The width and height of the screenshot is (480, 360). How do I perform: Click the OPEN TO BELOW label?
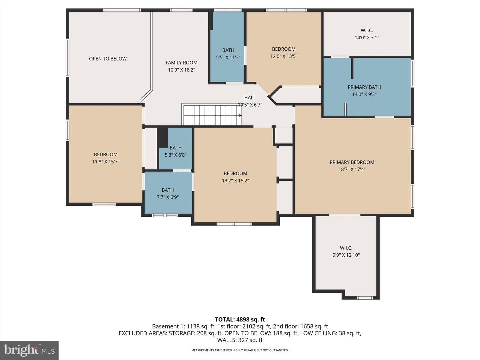[108, 59]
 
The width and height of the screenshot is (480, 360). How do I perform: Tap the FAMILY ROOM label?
[182, 63]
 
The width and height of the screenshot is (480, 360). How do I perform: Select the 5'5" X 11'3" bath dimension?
[228, 57]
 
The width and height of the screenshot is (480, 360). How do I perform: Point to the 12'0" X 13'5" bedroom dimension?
[284, 56]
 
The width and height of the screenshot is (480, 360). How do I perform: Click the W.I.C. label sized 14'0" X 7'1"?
[367, 30]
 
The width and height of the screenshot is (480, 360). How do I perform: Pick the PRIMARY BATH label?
[364, 87]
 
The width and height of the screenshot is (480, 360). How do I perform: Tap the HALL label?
[250, 97]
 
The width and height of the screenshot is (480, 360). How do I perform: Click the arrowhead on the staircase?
[240, 115]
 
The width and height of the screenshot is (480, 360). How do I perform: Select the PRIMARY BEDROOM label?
[352, 162]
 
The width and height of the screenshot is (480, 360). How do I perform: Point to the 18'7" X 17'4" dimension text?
[352, 169]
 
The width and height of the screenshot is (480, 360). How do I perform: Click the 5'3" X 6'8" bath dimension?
[175, 155]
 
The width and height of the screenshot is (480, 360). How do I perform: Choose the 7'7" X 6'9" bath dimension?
[168, 197]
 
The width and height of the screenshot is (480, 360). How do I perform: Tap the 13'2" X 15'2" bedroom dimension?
[235, 181]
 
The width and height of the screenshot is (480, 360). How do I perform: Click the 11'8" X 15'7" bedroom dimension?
[106, 162]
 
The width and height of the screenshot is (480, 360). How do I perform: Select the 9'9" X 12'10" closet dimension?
[346, 255]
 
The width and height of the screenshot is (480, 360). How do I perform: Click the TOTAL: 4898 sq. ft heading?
[240, 319]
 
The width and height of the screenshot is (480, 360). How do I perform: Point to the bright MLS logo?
[29, 350]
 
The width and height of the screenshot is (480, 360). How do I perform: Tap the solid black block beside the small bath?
[162, 137]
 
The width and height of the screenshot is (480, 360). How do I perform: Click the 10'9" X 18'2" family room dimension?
[182, 70]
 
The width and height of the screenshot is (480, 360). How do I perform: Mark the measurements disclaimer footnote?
[240, 350]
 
